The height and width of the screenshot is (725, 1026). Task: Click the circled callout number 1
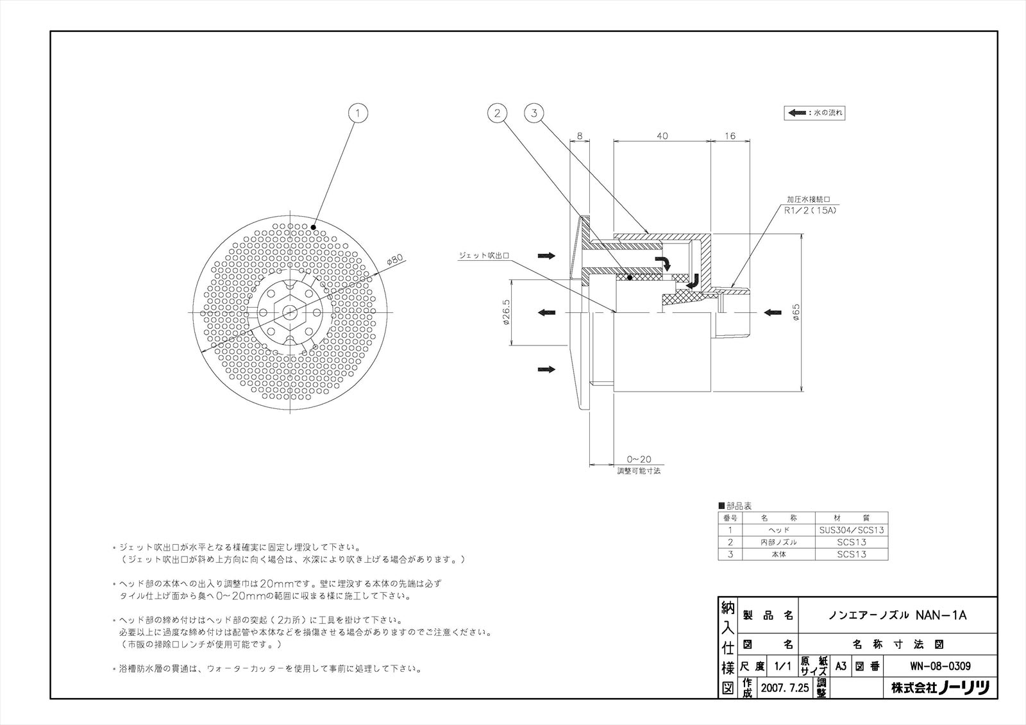pos(358,113)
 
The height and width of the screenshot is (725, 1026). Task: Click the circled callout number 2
pos(497,113)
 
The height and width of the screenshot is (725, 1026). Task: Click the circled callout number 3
pos(534,113)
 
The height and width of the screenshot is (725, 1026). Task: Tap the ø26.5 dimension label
pos(507,312)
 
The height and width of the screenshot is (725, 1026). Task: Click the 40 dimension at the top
pos(662,136)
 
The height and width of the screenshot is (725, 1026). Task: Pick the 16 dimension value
pos(730,136)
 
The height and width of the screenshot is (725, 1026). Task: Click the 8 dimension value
pos(580,136)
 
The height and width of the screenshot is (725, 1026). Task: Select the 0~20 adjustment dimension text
pos(639,460)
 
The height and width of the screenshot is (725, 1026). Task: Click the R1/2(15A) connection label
pos(812,210)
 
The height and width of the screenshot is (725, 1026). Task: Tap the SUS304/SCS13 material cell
pos(852,530)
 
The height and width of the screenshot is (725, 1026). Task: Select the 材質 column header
pos(852,518)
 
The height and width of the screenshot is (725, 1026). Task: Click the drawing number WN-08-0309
pos(941,666)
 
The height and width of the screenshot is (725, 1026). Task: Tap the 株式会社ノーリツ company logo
pos(940,688)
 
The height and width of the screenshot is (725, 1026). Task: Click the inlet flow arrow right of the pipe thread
pos(772,313)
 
